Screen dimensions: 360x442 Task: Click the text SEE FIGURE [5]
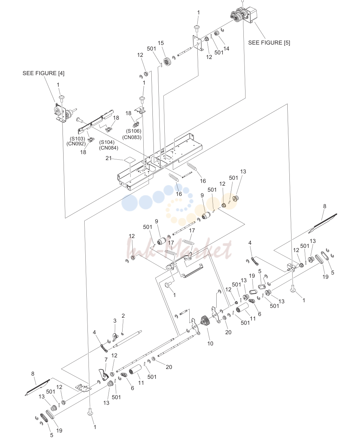click(269, 43)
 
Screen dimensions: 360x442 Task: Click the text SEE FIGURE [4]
click(44, 73)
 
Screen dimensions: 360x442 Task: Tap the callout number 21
click(109, 158)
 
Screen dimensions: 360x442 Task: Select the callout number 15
click(161, 43)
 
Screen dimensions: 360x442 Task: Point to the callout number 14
click(226, 48)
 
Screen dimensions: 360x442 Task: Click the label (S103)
click(77, 138)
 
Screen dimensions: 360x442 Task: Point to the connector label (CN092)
click(76, 144)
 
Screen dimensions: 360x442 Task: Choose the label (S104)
click(107, 142)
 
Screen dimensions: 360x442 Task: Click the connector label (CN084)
click(109, 148)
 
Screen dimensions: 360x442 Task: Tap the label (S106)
click(133, 131)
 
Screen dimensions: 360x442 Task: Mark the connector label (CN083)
click(132, 137)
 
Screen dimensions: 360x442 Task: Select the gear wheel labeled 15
click(167, 62)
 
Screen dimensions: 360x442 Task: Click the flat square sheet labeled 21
click(130, 160)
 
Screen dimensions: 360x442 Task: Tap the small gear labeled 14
click(217, 33)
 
